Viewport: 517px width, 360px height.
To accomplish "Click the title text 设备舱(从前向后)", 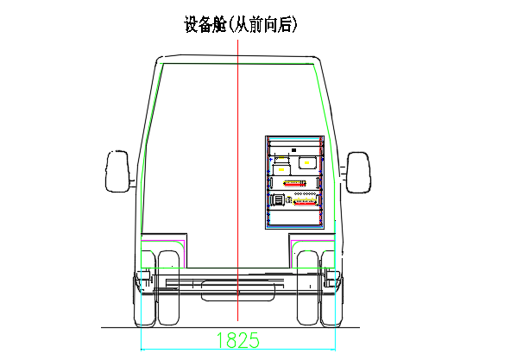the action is tap(240, 24).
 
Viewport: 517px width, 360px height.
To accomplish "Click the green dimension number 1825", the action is tap(238, 340).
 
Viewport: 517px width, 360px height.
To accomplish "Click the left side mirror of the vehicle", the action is tap(117, 171).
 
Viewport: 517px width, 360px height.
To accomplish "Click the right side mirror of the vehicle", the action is tap(358, 173).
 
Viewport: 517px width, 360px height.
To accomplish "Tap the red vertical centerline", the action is tap(237, 180).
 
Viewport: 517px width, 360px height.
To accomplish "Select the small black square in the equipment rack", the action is tap(293, 150).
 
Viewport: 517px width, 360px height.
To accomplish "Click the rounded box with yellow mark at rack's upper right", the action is tap(307, 162).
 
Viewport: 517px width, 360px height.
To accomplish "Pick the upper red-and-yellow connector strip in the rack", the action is tap(294, 183).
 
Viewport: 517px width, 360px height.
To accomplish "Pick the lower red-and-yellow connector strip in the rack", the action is tap(305, 202).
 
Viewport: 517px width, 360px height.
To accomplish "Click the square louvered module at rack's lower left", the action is tap(279, 199).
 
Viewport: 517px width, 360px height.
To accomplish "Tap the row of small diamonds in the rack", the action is tap(305, 194).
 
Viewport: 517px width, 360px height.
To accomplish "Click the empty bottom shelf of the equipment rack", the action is tap(295, 217).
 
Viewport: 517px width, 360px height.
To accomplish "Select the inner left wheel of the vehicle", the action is tap(168, 287).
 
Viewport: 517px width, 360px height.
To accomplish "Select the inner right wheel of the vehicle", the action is tap(308, 287).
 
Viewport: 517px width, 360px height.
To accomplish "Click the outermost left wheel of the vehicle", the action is tap(144, 288).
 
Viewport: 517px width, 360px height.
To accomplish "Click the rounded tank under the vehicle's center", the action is tap(238, 290).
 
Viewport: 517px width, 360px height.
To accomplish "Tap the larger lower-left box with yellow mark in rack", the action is tap(282, 169).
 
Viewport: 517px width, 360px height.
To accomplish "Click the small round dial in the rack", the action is tap(289, 199).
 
